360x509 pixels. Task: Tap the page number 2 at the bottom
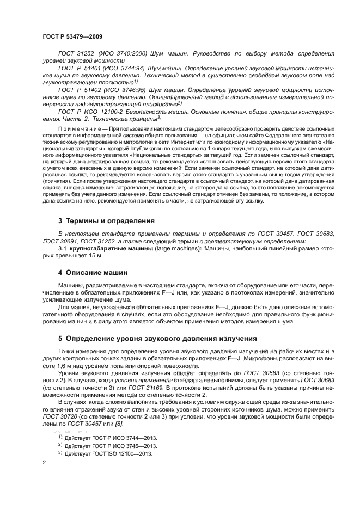pyautogui.click(x=44, y=463)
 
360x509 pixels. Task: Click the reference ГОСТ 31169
pyautogui.click(x=141, y=386)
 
